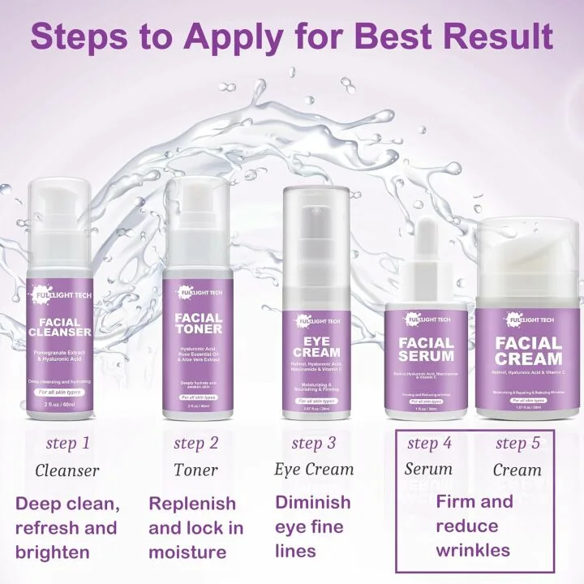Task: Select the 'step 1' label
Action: [67, 443]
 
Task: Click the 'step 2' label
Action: [195, 443]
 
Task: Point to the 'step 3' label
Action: [313, 443]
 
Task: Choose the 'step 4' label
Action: [429, 443]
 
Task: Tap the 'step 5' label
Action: [518, 443]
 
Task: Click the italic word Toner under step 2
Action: [195, 470]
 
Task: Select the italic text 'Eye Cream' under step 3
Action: [314, 470]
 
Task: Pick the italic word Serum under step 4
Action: [428, 470]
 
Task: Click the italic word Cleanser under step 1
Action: [67, 470]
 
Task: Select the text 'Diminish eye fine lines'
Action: [313, 526]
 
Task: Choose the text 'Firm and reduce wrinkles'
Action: [474, 526]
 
